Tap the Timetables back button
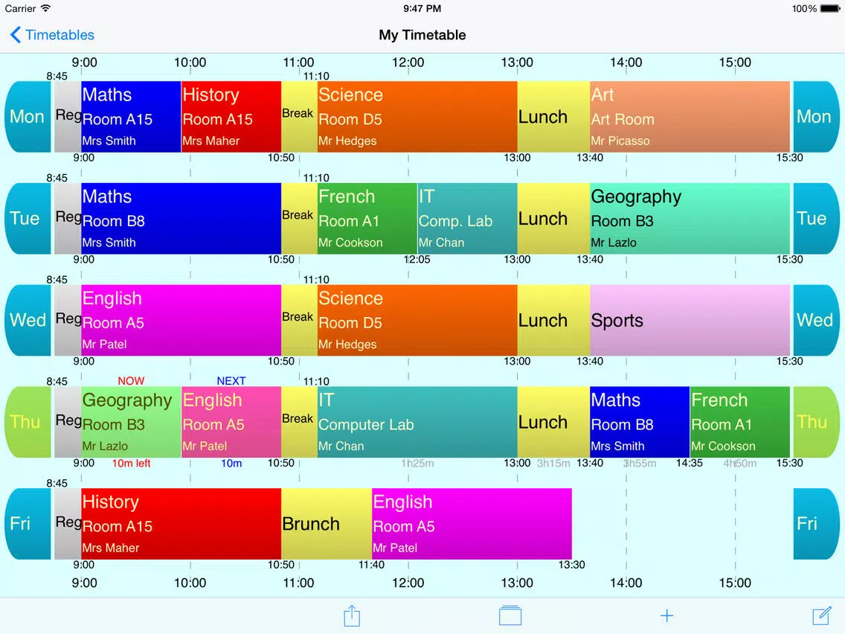(x=52, y=35)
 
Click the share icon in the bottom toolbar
(x=352, y=615)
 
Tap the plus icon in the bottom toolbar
(x=666, y=615)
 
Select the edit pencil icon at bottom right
(x=821, y=615)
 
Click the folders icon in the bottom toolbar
(x=510, y=615)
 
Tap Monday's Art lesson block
(x=690, y=117)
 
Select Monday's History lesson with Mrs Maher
(x=231, y=117)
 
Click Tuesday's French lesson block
(x=367, y=219)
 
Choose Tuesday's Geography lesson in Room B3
(x=690, y=219)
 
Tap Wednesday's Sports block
(x=690, y=321)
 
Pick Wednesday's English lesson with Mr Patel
(x=181, y=321)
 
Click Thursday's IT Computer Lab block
(x=417, y=422)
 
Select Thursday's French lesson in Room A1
(x=740, y=422)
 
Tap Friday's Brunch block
(x=327, y=524)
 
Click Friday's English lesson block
(x=472, y=524)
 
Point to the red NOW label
(x=131, y=381)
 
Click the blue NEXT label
(x=231, y=381)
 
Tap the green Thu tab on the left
(x=27, y=422)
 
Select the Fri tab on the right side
(x=815, y=524)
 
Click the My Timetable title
(x=422, y=35)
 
